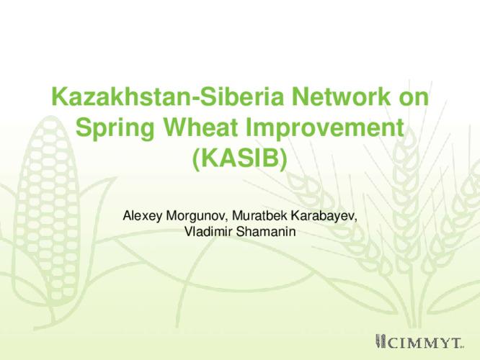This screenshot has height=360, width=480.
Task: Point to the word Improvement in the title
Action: point(325,127)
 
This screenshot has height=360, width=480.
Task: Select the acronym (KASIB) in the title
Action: point(240,158)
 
